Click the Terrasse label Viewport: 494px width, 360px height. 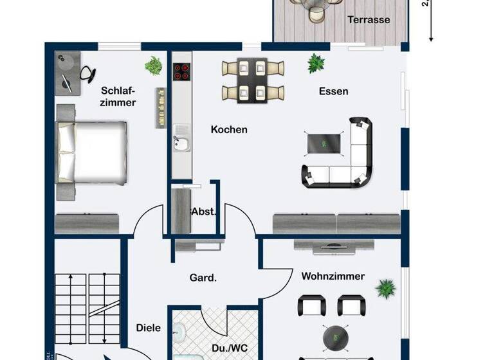click(369, 20)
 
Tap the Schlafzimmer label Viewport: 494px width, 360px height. click(118, 96)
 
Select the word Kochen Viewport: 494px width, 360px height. click(229, 129)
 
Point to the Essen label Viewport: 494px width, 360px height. click(333, 91)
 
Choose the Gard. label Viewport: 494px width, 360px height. click(203, 278)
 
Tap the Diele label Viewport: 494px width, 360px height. click(148, 327)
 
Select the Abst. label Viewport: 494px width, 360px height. click(203, 212)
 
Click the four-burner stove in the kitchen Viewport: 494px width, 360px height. click(181, 71)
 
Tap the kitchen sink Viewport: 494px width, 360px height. click(181, 144)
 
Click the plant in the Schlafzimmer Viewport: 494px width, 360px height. click(153, 64)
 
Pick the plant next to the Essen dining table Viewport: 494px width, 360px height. click(315, 63)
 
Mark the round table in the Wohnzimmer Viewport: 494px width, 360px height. click(336, 335)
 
